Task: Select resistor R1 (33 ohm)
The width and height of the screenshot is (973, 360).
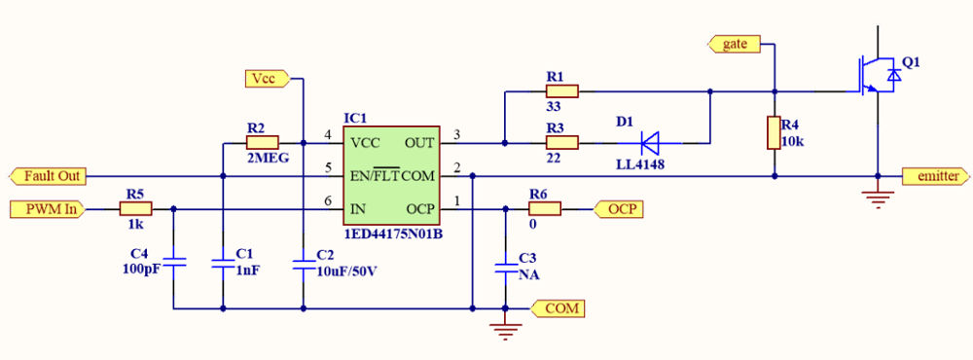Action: tap(561, 91)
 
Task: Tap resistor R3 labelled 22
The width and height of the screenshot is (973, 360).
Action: tap(561, 143)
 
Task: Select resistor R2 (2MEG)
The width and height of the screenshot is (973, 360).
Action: tap(262, 142)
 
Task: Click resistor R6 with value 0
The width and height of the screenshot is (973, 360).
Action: tap(545, 208)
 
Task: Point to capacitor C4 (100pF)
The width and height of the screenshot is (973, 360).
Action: tap(173, 263)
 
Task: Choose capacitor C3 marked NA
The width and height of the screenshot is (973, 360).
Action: tap(505, 268)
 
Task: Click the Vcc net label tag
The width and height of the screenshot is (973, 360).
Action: tap(264, 78)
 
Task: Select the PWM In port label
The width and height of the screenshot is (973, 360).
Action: tap(47, 208)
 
